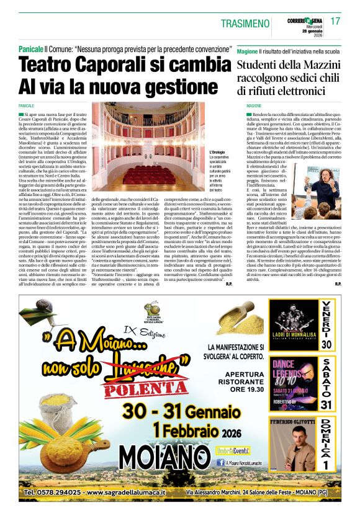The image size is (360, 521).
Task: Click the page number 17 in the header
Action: (336, 20)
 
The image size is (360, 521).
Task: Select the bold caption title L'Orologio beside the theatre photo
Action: (218, 152)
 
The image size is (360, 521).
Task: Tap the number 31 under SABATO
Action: (327, 405)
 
